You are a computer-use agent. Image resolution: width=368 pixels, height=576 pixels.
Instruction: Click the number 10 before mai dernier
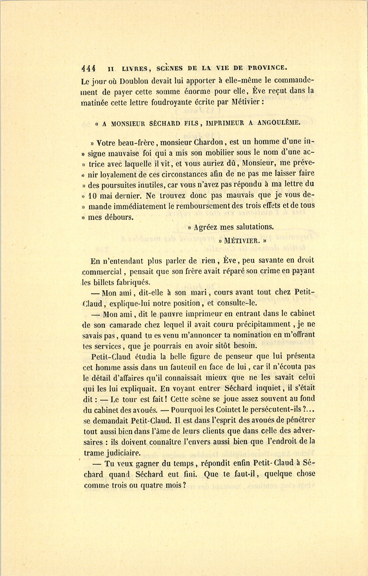coord(92,195)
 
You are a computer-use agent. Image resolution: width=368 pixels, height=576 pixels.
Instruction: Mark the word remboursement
coord(209,206)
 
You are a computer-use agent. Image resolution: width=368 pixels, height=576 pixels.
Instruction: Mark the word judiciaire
coord(123,452)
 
